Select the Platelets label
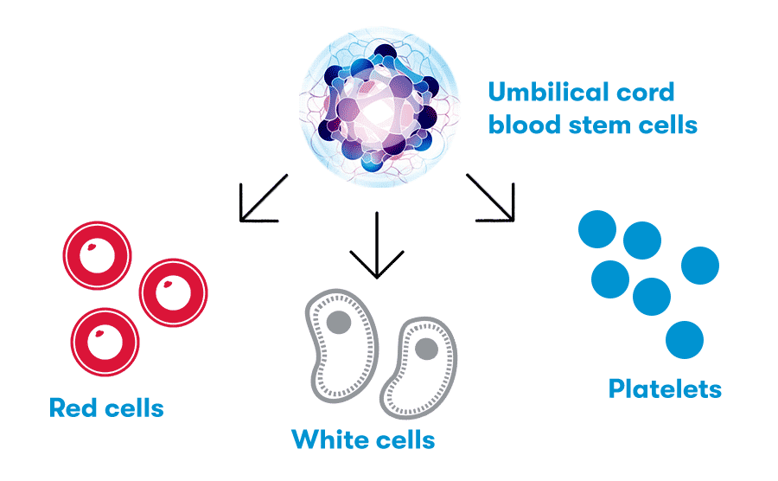[665, 388]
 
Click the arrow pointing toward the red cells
[260, 199]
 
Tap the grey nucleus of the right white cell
[425, 350]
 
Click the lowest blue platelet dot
[685, 339]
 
